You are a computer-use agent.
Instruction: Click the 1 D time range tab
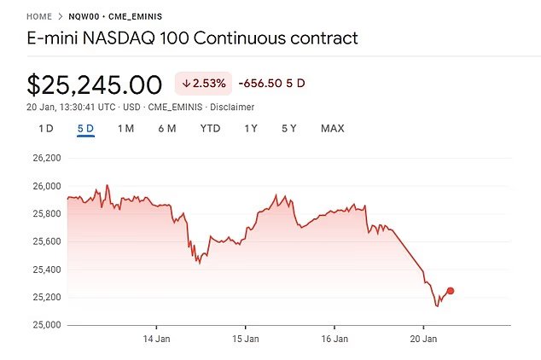pyautogui.click(x=46, y=129)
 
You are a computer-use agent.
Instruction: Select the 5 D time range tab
pyautogui.click(x=85, y=129)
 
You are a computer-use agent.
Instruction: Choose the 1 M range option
pyautogui.click(x=125, y=129)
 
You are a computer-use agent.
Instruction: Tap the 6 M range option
pyautogui.click(x=166, y=129)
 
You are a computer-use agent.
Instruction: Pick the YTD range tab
pyautogui.click(x=210, y=129)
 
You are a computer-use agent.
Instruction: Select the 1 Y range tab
pyautogui.click(x=251, y=129)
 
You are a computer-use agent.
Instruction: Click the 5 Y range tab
pyautogui.click(x=289, y=129)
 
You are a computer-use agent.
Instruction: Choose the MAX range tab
pyautogui.click(x=332, y=129)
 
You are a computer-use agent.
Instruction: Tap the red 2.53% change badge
pyautogui.click(x=203, y=84)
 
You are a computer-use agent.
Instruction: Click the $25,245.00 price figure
pyautogui.click(x=95, y=85)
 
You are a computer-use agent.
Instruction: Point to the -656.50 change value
pyautogui.click(x=261, y=84)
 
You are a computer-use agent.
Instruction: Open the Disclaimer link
pyautogui.click(x=232, y=107)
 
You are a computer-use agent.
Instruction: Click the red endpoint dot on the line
pyautogui.click(x=451, y=291)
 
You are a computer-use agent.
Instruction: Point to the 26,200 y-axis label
pyautogui.click(x=46, y=159)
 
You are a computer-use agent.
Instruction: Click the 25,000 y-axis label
pyautogui.click(x=46, y=325)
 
